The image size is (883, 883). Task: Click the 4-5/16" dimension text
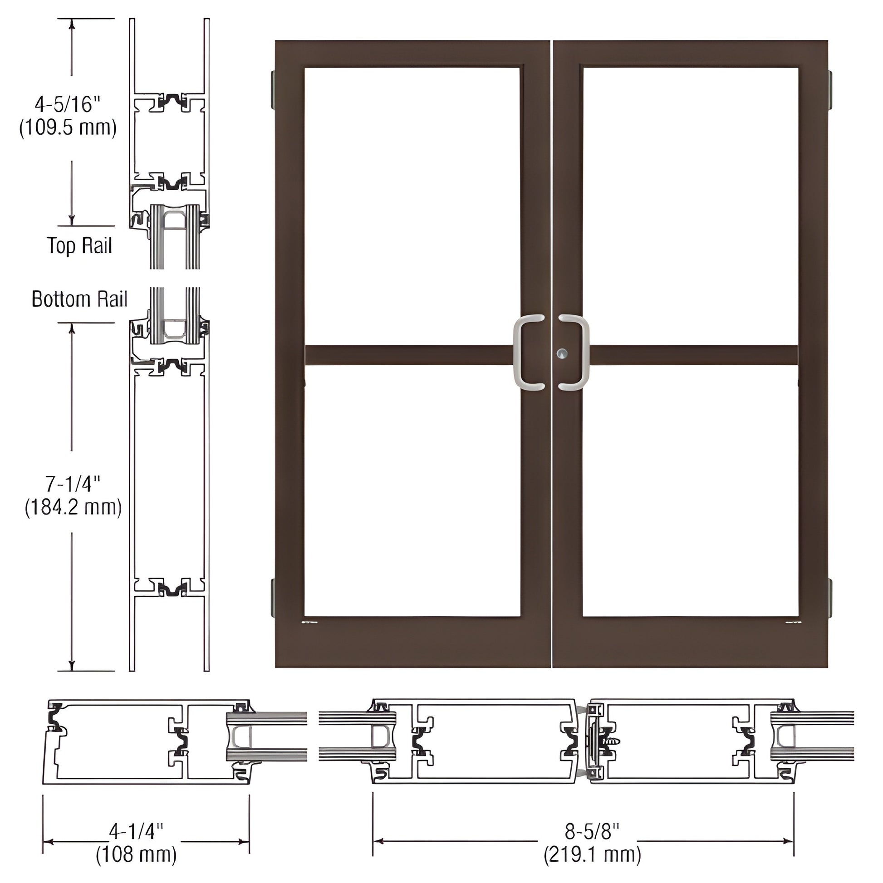(x=67, y=105)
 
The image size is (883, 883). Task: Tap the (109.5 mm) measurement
(x=68, y=128)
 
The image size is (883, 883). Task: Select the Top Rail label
(x=79, y=246)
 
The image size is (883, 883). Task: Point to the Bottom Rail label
(x=79, y=299)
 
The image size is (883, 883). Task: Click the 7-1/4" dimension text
(x=73, y=484)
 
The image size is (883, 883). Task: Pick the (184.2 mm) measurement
(x=73, y=507)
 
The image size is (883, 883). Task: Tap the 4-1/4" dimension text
(x=136, y=831)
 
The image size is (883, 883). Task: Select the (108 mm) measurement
(x=136, y=855)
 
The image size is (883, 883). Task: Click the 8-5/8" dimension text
(x=592, y=831)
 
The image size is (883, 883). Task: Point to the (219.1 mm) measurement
(x=592, y=855)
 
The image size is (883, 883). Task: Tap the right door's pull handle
(x=577, y=353)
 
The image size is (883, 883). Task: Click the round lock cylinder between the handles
(x=562, y=353)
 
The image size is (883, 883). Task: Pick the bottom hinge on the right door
(x=829, y=596)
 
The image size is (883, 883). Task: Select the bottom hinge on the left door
(x=273, y=596)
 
